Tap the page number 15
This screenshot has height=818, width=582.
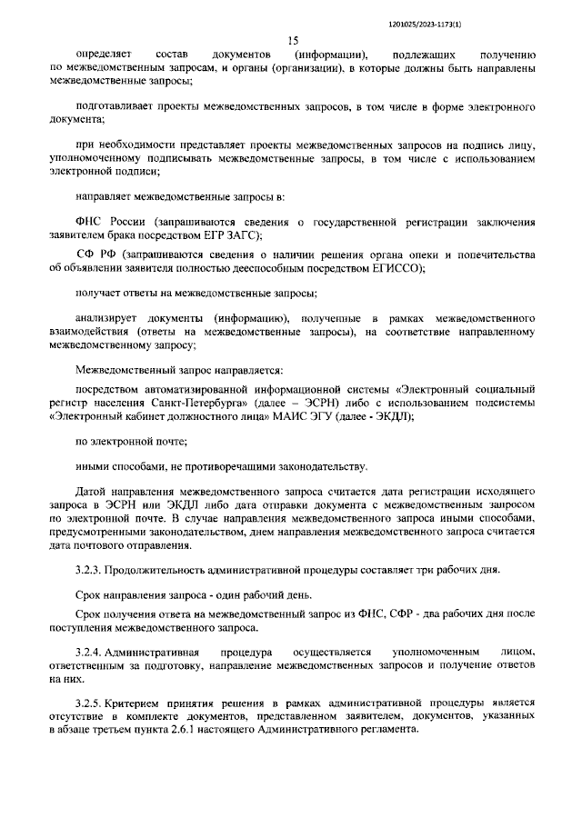(x=293, y=41)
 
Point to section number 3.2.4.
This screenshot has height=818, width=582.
(x=88, y=653)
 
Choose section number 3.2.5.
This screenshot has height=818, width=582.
(x=88, y=703)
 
